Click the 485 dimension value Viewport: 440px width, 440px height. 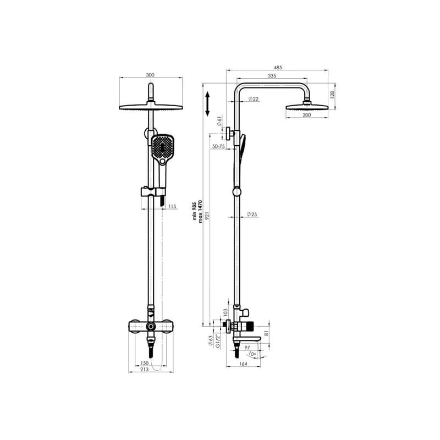point(278,67)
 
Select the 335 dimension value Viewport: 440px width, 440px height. point(272,76)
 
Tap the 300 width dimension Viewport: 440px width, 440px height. point(150,75)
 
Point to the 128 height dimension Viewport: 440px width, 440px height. point(332,95)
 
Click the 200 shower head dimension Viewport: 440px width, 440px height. point(307,115)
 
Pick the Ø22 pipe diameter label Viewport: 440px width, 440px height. point(254,99)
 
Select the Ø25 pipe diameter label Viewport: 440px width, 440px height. point(252,215)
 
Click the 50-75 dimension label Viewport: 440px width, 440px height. point(218,146)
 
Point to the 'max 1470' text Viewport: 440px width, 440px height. point(201,211)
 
